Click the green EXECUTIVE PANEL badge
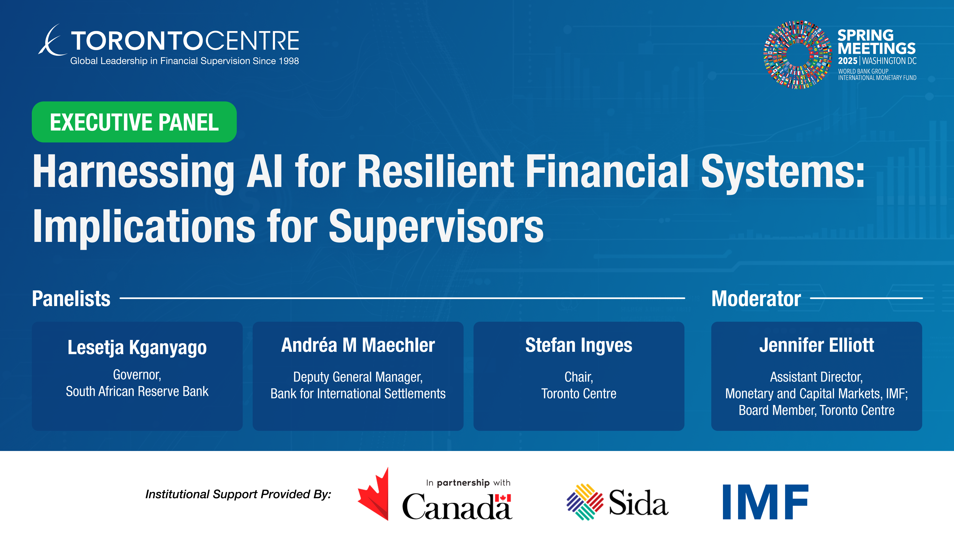pyautogui.click(x=134, y=122)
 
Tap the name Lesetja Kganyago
pyautogui.click(x=137, y=348)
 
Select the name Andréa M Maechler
pyautogui.click(x=358, y=345)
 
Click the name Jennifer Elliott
pyautogui.click(x=817, y=345)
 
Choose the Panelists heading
pyautogui.click(x=71, y=298)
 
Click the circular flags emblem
pyautogui.click(x=797, y=54)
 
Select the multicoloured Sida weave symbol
pyautogui.click(x=585, y=502)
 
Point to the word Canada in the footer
pyautogui.click(x=457, y=506)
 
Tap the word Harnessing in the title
pyautogui.click(x=133, y=172)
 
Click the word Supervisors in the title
pyautogui.click(x=436, y=227)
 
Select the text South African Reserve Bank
pyautogui.click(x=137, y=391)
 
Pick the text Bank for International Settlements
pyautogui.click(x=358, y=394)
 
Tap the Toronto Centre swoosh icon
pyautogui.click(x=51, y=41)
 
